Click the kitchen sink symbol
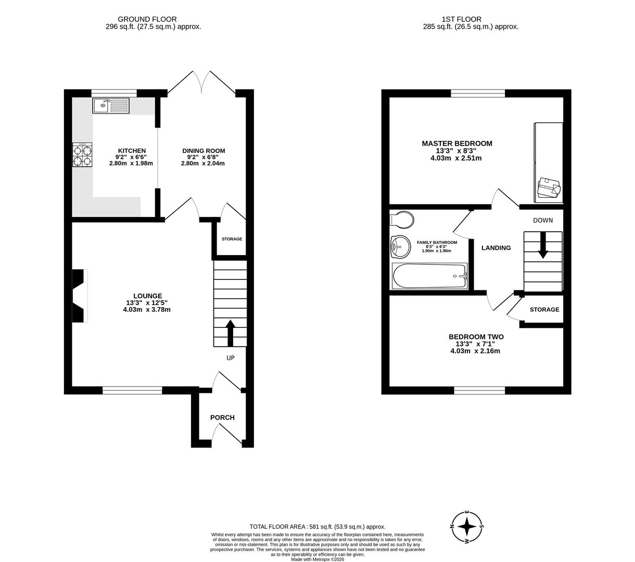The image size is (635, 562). pos(111,106)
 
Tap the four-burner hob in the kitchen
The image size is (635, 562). pos(82,155)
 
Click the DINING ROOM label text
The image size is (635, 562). pos(203,151)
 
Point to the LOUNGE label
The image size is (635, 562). pos(147,296)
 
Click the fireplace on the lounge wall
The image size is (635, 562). pos(79,296)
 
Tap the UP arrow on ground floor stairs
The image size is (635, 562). pos(230,332)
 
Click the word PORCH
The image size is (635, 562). pos(222,417)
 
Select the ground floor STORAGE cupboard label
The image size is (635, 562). pos(232,239)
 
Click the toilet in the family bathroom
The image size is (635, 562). pos(402,220)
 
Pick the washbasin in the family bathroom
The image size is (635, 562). pos(400,247)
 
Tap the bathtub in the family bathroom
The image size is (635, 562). pos(429,276)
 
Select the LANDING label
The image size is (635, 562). pos(496,248)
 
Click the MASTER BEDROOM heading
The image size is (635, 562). pos(456,144)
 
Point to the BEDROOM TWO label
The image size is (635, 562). pos(476,337)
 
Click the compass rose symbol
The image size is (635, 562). pos(467,526)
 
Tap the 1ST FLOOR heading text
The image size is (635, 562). pos(454,19)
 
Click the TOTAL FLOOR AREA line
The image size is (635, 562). pos(317,527)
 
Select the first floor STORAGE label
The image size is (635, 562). pos(544,309)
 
